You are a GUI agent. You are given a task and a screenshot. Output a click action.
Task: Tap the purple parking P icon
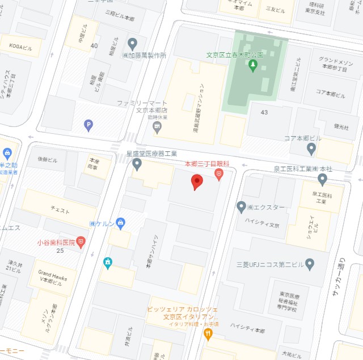tap(88, 125)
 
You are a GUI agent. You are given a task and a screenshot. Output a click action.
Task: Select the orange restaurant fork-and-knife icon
tap(208, 333)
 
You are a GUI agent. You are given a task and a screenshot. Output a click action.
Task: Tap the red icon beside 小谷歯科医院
tap(81, 242)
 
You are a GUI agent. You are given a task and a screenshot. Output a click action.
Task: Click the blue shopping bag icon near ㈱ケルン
tap(120, 223)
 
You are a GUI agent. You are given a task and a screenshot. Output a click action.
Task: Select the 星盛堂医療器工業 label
tap(151, 153)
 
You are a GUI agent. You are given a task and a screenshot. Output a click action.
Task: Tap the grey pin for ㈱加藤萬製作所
tap(133, 44)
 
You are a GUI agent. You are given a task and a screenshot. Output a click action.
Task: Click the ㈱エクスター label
tap(266, 207)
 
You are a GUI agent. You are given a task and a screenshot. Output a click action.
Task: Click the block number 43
tap(264, 113)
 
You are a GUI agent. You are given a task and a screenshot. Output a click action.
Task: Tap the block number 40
tap(94, 45)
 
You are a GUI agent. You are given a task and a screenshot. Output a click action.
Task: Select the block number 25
tap(60, 250)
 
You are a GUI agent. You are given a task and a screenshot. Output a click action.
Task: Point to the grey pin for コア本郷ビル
tap(311, 149)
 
